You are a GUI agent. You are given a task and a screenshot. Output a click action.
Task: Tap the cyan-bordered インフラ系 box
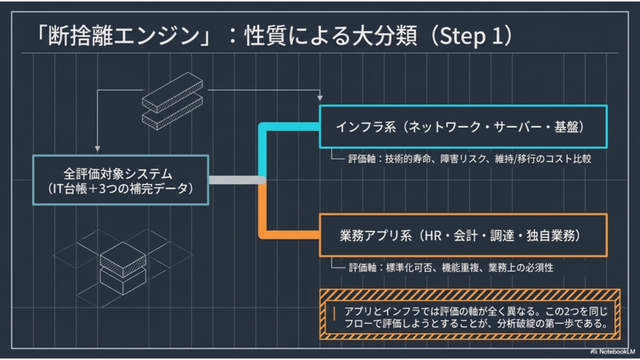tap(463, 126)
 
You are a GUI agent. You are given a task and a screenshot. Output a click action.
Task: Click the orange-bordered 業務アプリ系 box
tap(463, 235)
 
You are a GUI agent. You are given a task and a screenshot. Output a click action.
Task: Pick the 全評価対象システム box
tap(121, 180)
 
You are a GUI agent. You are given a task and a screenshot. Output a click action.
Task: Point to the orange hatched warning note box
tap(470, 314)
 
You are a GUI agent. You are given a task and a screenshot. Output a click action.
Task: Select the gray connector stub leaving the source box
tap(237, 179)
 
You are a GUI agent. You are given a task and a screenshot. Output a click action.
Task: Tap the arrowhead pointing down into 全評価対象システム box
tap(97, 149)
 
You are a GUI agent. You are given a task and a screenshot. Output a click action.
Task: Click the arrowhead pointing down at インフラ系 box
tap(320, 98)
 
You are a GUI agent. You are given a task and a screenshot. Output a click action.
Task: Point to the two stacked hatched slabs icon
tap(172, 101)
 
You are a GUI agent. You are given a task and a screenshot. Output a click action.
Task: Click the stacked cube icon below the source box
tap(123, 267)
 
